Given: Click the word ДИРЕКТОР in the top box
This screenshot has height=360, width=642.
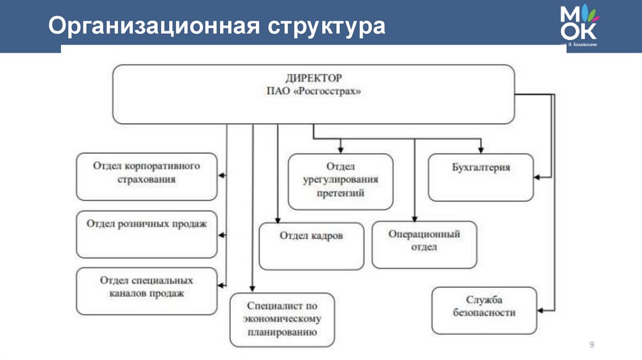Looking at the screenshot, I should coord(313,78).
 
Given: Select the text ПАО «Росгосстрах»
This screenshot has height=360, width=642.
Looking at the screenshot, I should coord(313,91).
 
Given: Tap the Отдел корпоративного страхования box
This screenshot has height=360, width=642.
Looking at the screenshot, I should coord(147,176).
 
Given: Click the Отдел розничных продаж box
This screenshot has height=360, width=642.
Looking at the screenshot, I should coord(147,234).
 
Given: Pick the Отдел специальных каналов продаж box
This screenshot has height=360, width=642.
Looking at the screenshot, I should coord(147,291).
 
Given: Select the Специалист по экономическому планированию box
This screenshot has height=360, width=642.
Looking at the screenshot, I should coord(282,319).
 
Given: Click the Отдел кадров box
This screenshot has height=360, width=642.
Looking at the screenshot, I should coord(311,245).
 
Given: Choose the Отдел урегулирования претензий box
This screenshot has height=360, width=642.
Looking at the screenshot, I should coord(340,181).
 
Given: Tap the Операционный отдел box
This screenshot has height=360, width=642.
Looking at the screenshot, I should coord(424,245).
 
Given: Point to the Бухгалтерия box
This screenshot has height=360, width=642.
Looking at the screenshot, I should coord(481,177).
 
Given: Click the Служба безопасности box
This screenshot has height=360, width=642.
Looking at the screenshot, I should coord(484,310).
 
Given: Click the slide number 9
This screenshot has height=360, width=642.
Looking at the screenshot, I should coord(591,345).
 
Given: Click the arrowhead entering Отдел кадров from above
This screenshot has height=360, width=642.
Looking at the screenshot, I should coord(278,220).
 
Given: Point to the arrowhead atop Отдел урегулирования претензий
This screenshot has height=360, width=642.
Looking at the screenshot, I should coord(340,150).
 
